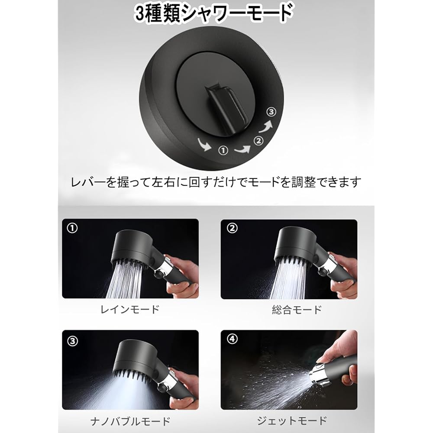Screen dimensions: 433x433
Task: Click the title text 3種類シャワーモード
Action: [213, 13]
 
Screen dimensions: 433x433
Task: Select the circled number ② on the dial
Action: [258, 140]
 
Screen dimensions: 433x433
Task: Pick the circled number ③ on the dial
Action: [271, 112]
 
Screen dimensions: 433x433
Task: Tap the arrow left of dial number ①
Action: [205, 144]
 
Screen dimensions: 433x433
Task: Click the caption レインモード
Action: [130, 310]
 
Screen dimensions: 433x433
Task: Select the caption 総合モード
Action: [297, 310]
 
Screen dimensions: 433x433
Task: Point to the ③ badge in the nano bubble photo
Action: [72, 340]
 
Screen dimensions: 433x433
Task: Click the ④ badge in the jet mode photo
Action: [232, 340]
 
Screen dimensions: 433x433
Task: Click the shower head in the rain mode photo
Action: [132, 247]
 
